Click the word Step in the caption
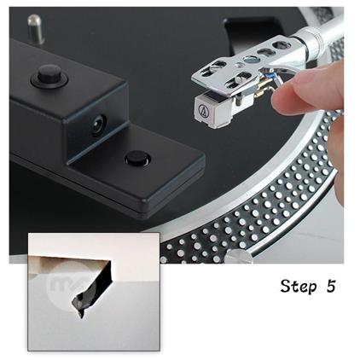coord(299,287)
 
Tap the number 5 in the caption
coord(331,285)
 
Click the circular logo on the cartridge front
coord(204,110)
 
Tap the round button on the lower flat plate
coord(138,158)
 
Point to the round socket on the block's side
coord(99,125)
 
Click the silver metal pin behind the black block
coord(36,29)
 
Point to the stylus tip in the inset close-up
coord(82,316)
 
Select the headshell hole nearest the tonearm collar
coord(282,45)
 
